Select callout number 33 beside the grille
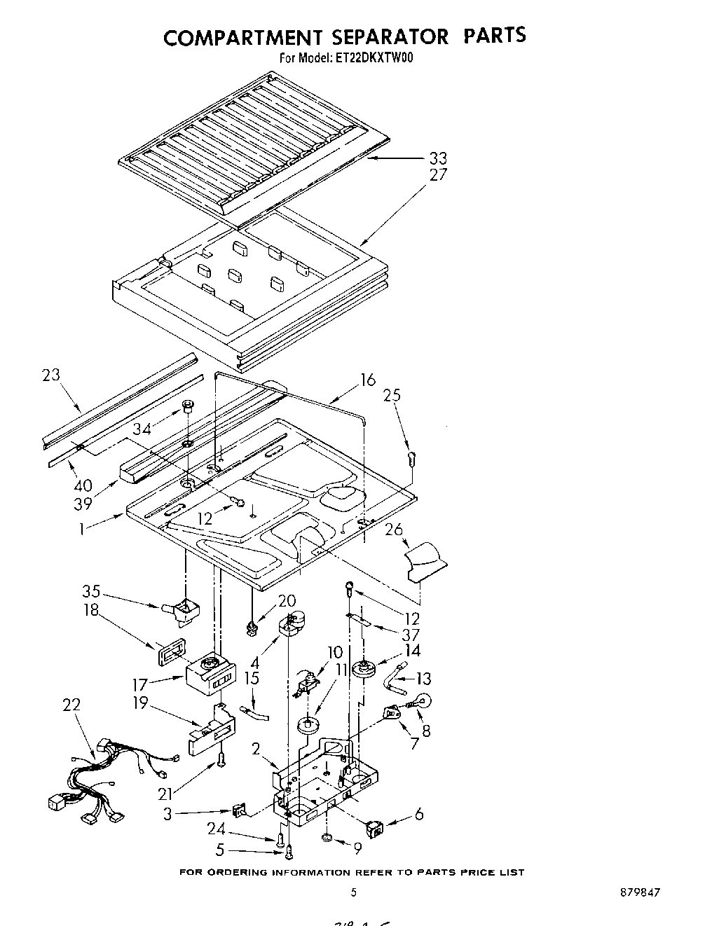pos(438,158)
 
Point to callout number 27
pos(438,175)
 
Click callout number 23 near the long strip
pos(51,375)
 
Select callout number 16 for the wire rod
pos(368,380)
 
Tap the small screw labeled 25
pos(412,459)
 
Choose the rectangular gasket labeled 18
pos(168,655)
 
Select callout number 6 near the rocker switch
pos(418,815)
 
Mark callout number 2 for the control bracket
pos(256,749)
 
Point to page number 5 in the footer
pos(353,892)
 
